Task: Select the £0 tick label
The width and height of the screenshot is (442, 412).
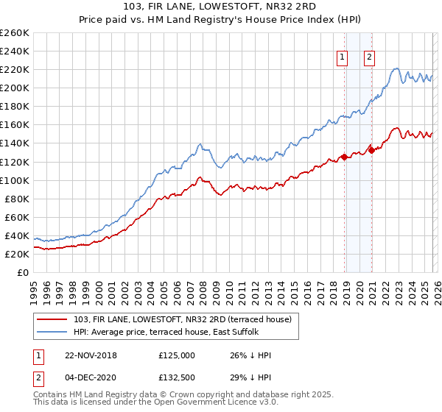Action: [22, 272]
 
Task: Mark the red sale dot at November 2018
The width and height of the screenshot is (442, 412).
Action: [345, 157]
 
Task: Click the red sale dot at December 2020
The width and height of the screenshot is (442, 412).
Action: [371, 149]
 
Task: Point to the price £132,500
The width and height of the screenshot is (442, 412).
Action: [176, 378]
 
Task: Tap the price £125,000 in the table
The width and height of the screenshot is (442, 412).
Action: [176, 355]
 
